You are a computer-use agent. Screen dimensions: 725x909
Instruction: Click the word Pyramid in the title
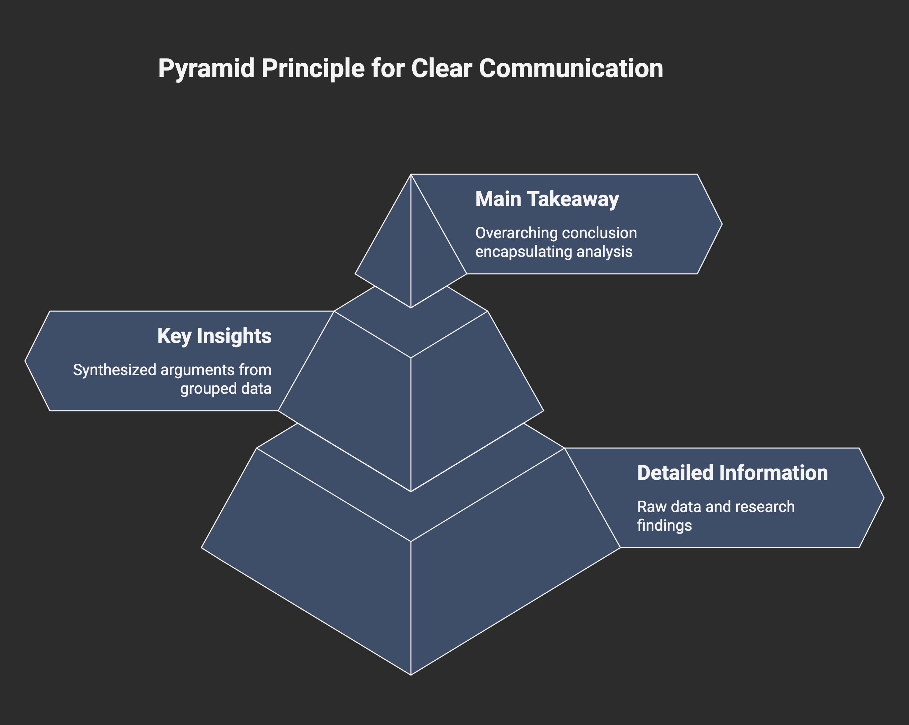[206, 69]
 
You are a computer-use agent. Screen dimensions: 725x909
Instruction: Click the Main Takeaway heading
[547, 199]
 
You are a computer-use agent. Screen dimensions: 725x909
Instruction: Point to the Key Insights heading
[214, 336]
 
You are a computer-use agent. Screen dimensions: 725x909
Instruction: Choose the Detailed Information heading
[732, 473]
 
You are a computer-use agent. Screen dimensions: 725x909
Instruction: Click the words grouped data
[226, 388]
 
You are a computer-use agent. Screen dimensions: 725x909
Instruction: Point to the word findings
[664, 525]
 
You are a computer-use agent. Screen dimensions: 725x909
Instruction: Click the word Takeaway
[577, 199]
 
